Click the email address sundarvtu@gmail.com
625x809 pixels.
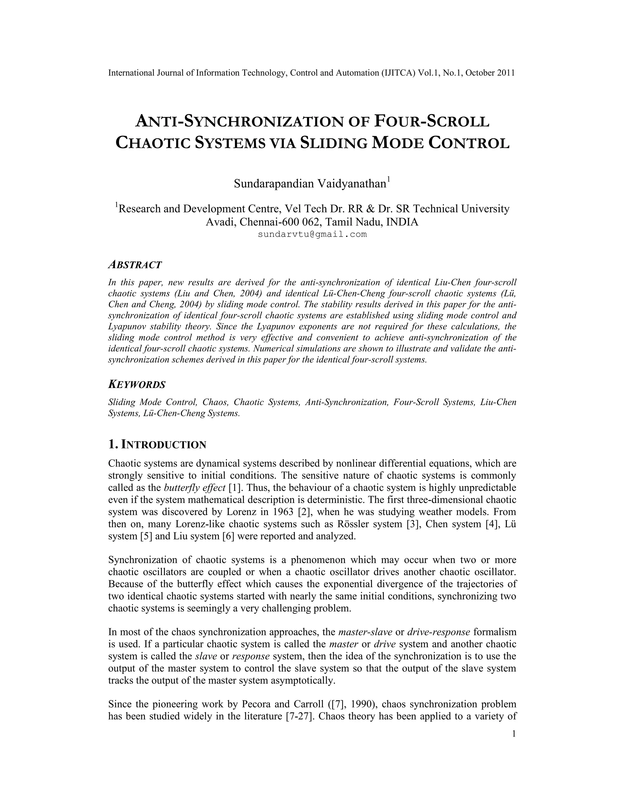312,234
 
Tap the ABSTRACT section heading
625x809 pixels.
135,265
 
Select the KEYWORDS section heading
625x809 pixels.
137,384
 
